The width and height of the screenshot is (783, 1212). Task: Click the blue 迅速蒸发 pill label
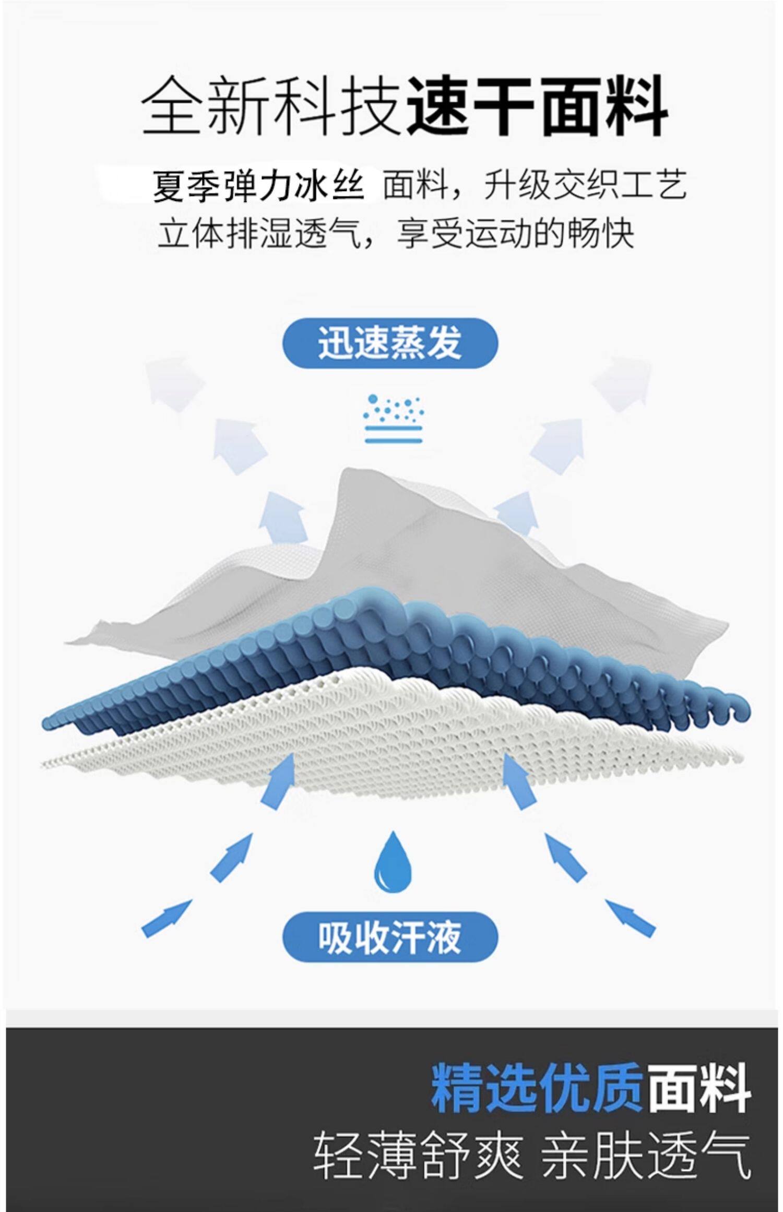[390, 343]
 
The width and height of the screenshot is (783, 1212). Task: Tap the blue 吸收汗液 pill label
[390, 937]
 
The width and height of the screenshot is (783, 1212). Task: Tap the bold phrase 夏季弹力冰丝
[258, 186]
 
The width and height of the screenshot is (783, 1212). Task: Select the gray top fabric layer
[418, 543]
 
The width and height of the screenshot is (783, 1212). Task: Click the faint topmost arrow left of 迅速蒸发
[172, 381]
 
